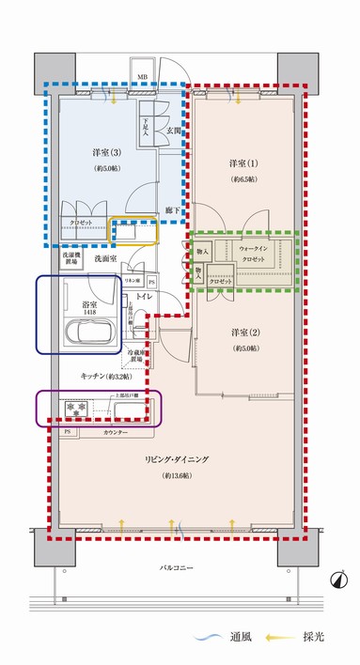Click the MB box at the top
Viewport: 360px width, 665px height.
(x=142, y=77)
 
